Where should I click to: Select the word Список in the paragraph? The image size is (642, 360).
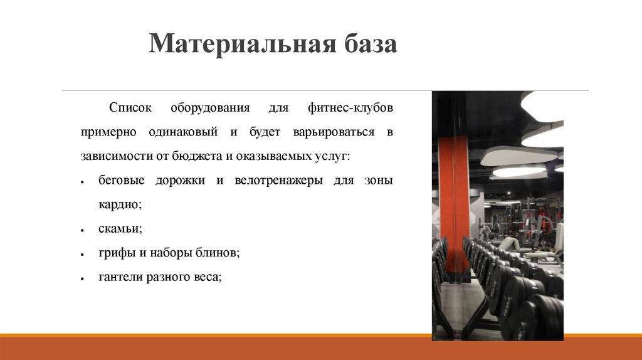click(130, 108)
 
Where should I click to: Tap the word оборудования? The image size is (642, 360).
click(211, 108)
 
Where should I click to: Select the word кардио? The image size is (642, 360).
click(120, 204)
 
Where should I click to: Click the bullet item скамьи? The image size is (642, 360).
click(120, 229)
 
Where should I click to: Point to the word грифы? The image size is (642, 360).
click(115, 253)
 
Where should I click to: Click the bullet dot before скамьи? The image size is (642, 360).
click(83, 231)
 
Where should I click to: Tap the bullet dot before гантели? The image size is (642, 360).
click(83, 278)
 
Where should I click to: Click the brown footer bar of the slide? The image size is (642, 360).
click(321, 348)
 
